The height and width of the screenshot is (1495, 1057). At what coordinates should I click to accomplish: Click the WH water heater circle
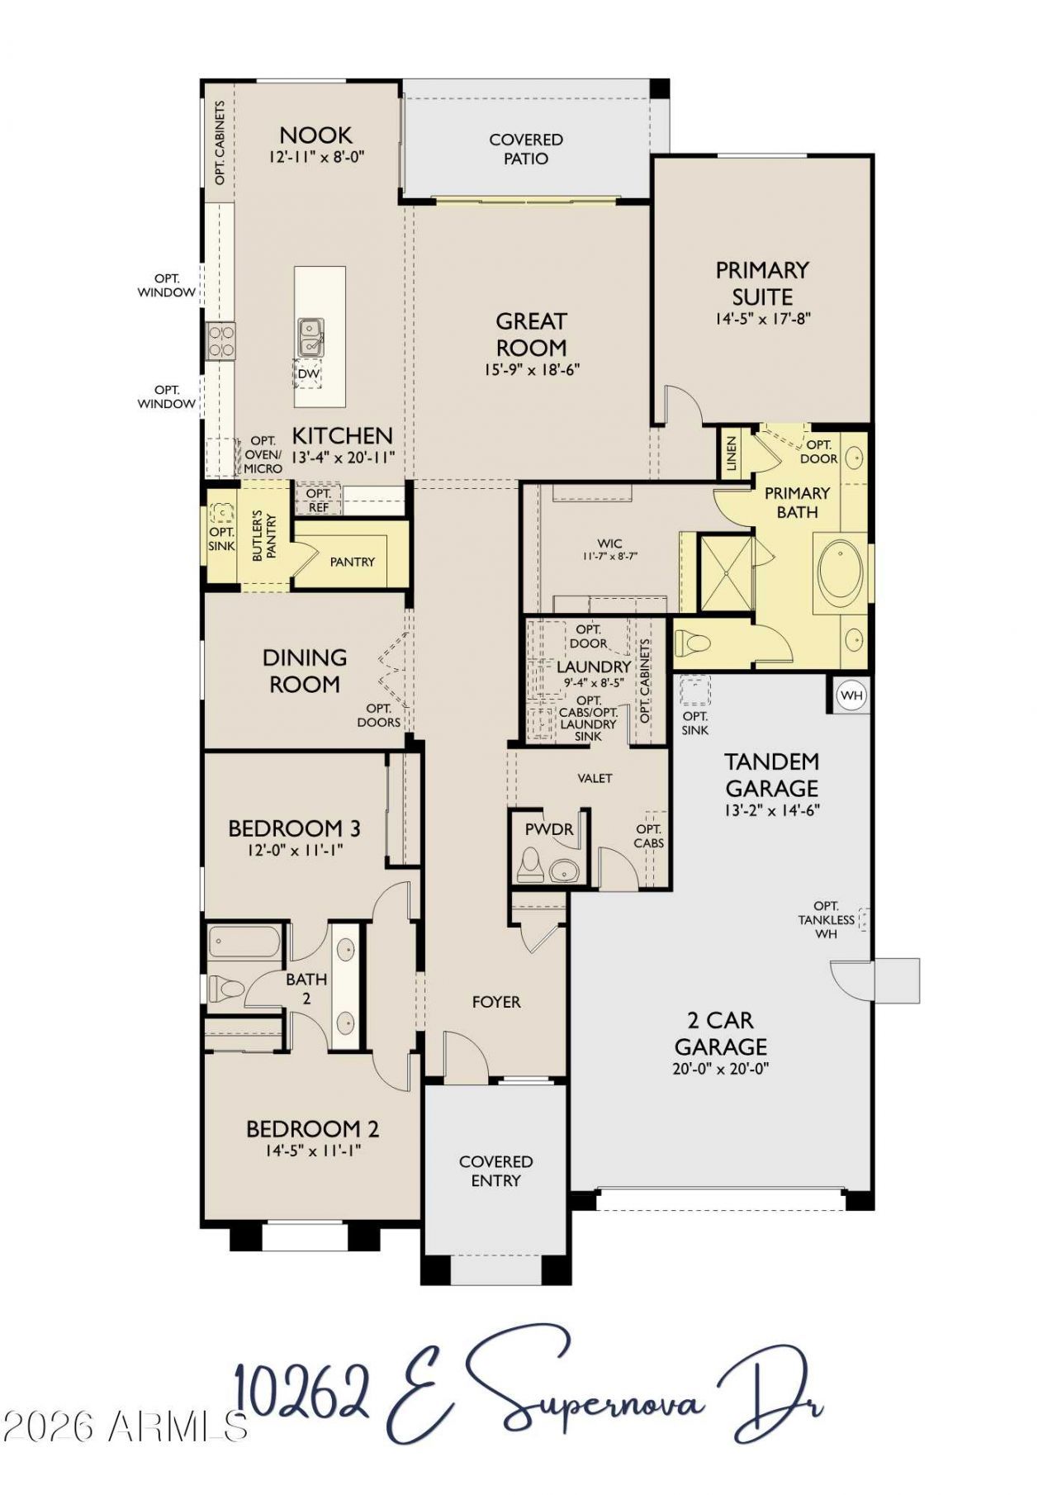[851, 695]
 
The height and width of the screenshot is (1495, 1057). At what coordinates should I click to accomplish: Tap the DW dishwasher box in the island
[308, 374]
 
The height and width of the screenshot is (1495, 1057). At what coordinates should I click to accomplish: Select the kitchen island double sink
[310, 337]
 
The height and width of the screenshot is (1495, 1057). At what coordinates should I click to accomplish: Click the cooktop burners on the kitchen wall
[221, 340]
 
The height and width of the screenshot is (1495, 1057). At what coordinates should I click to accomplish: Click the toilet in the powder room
[529, 866]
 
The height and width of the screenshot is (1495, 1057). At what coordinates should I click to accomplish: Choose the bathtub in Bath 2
[244, 942]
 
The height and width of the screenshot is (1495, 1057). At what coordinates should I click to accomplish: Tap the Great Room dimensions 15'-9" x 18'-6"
[532, 369]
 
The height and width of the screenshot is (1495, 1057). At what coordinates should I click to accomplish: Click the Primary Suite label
[762, 283]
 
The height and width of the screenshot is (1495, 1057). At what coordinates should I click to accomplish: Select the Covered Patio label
[526, 149]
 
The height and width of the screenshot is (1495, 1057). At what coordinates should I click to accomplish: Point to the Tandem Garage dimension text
[772, 810]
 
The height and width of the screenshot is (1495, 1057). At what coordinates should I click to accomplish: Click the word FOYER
[496, 1002]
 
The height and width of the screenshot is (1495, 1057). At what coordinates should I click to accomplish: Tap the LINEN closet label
[731, 453]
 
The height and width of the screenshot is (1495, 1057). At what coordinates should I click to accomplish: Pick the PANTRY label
[353, 562]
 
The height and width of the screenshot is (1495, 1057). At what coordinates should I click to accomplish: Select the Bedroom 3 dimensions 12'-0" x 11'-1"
[294, 848]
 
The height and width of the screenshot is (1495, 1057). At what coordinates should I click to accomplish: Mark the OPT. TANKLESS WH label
[827, 919]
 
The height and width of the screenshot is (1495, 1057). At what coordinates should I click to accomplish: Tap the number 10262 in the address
[301, 1391]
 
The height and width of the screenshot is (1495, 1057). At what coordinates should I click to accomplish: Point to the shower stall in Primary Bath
[727, 573]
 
